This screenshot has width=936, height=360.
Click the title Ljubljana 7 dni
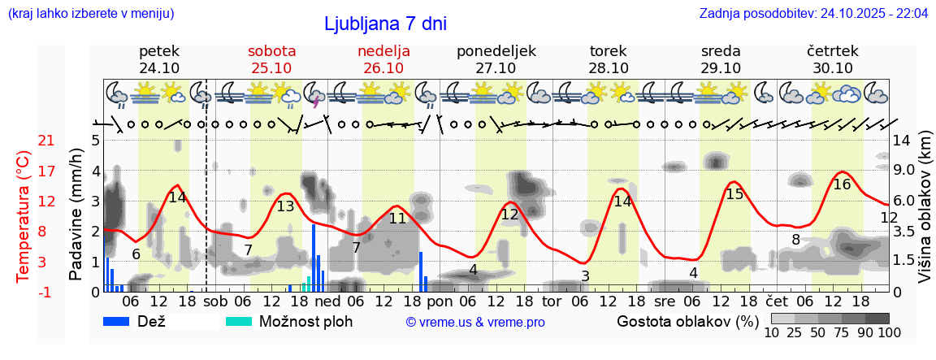click(385, 24)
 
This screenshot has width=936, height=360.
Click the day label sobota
click(271, 51)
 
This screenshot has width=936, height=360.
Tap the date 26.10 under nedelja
click(383, 68)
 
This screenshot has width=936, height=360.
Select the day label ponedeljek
click(496, 51)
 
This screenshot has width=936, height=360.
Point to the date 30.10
click(833, 68)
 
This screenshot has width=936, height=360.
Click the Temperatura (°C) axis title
click(24, 215)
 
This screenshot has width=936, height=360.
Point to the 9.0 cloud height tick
click(906, 171)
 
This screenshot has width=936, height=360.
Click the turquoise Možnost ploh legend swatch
click(239, 321)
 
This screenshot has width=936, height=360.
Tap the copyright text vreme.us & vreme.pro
click(475, 322)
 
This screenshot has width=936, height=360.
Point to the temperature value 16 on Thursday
click(842, 184)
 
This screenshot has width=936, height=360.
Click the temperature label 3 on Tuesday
click(585, 276)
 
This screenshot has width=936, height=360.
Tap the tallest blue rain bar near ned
click(314, 257)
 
